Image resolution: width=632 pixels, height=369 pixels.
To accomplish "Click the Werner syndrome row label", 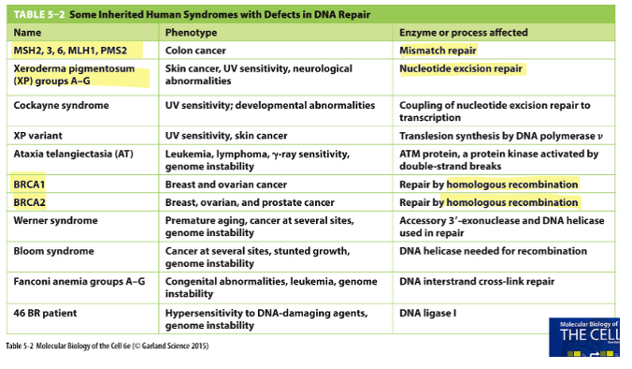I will click(x=55, y=220).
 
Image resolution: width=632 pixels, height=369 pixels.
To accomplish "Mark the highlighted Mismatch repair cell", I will click(x=438, y=50).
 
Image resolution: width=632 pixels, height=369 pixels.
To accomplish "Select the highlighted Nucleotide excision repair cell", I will click(x=461, y=68).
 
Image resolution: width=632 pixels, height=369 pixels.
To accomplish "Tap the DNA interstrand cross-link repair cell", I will click(x=475, y=281).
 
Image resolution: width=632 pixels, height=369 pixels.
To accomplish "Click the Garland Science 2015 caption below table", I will click(x=106, y=346).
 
